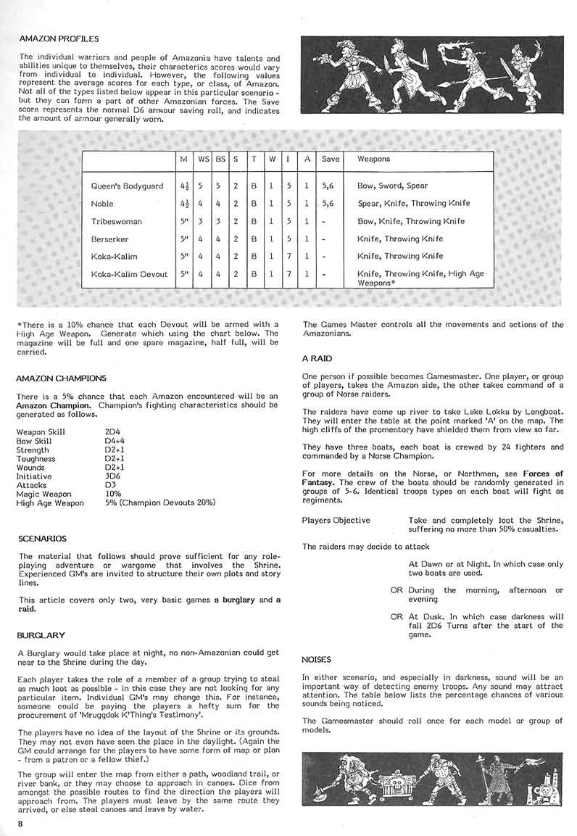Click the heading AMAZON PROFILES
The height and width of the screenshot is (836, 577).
(x=59, y=38)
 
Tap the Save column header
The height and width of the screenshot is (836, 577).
(x=331, y=159)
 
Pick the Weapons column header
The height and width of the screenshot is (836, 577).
(x=373, y=159)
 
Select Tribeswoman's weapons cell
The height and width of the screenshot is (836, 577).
(x=410, y=221)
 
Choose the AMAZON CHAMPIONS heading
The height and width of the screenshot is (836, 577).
(x=61, y=378)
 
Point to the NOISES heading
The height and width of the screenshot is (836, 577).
(x=316, y=660)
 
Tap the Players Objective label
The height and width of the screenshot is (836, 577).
(x=336, y=520)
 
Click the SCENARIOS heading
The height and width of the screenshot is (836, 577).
(x=43, y=539)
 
